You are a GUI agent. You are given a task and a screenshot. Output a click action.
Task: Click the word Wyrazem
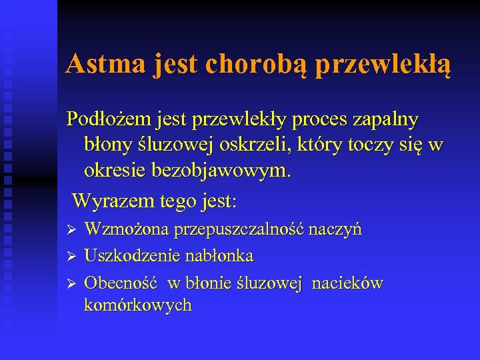107,199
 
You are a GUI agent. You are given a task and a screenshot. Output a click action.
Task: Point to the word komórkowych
137,305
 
